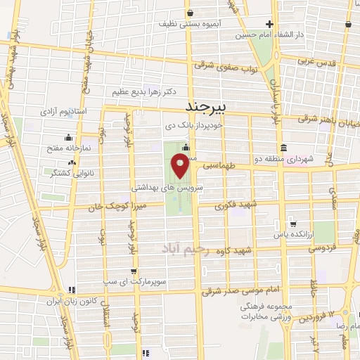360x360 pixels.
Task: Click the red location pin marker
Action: [181, 166]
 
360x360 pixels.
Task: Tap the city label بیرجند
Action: [207, 106]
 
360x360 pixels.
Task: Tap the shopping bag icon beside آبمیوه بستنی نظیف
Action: [191, 12]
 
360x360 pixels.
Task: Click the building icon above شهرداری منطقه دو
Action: [283, 148]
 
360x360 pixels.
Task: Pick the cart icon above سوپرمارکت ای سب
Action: [134, 271]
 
